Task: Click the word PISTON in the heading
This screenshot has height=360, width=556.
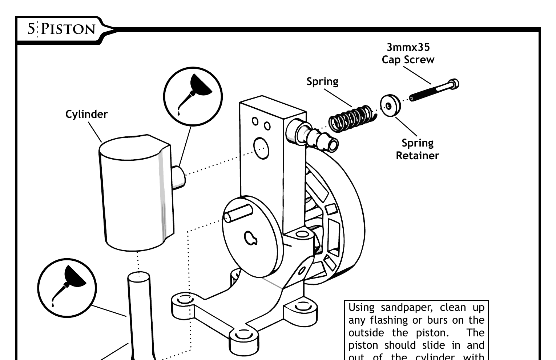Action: tap(68, 29)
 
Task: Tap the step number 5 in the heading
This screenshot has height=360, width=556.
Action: tap(31, 29)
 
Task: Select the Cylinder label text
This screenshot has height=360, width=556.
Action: tap(86, 114)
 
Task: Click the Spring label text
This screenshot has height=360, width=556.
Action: tap(322, 81)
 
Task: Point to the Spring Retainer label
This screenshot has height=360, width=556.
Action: tap(417, 149)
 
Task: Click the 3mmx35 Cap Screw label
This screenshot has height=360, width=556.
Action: tap(408, 53)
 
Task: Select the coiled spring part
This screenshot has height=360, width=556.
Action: tap(351, 119)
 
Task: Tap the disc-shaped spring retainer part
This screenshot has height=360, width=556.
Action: tap(390, 105)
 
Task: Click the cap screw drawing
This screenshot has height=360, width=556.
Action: tap(434, 90)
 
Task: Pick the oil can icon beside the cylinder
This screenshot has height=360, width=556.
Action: tap(193, 96)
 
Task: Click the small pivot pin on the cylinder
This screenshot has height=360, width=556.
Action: tap(179, 177)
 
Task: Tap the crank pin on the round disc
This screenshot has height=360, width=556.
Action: tap(238, 213)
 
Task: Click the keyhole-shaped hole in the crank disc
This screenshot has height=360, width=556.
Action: tap(250, 238)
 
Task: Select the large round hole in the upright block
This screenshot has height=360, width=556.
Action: tap(261, 148)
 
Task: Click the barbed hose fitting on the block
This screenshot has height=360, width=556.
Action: tap(317, 139)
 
